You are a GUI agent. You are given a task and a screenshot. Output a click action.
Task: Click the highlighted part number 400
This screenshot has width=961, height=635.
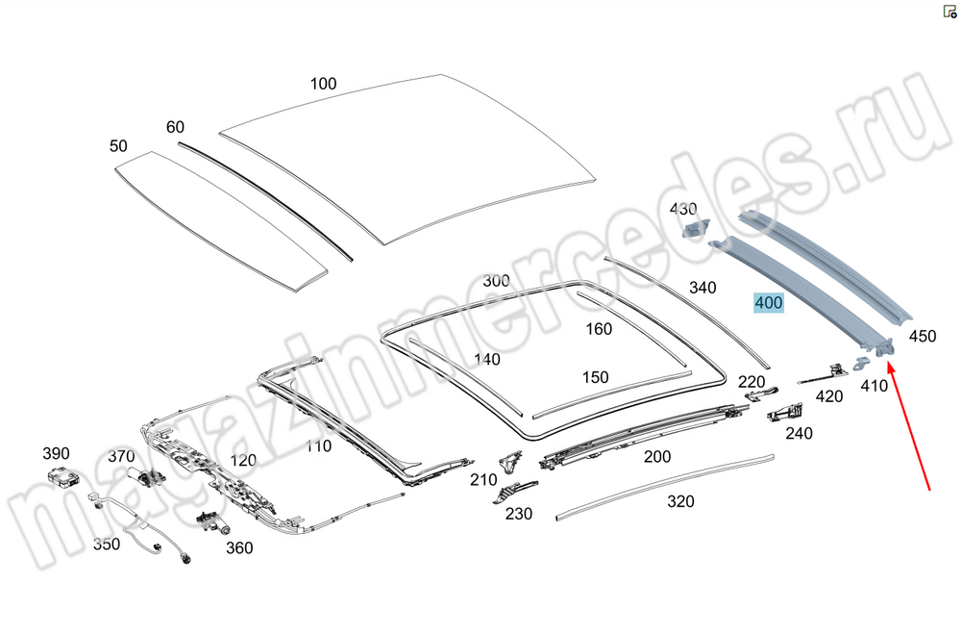769,303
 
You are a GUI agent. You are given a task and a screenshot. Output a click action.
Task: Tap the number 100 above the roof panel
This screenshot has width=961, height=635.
323,84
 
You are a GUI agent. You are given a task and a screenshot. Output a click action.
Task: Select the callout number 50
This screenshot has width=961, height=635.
118,146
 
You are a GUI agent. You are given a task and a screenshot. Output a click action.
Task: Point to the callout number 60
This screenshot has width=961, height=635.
175,127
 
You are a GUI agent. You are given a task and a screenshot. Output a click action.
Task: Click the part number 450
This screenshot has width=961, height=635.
922,336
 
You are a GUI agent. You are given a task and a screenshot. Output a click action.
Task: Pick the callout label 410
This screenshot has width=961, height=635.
874,386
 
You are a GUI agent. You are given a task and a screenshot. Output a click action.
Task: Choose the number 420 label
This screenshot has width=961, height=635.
828,396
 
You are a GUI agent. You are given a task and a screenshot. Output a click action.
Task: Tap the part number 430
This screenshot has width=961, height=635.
683,209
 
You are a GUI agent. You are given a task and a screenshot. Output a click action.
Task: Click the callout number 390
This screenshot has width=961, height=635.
56,453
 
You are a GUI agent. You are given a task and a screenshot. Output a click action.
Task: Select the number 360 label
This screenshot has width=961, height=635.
239,548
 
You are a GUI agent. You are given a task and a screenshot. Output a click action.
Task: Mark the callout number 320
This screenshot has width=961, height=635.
680,501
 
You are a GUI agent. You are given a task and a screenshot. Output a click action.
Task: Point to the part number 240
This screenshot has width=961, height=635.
799,434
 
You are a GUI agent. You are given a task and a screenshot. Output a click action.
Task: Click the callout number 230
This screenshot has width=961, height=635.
519,514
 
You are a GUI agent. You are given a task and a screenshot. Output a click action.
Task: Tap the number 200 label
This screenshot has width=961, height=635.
657,457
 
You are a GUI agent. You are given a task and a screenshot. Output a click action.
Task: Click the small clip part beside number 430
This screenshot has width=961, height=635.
695,228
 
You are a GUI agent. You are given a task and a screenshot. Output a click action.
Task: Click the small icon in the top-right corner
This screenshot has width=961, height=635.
949,12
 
